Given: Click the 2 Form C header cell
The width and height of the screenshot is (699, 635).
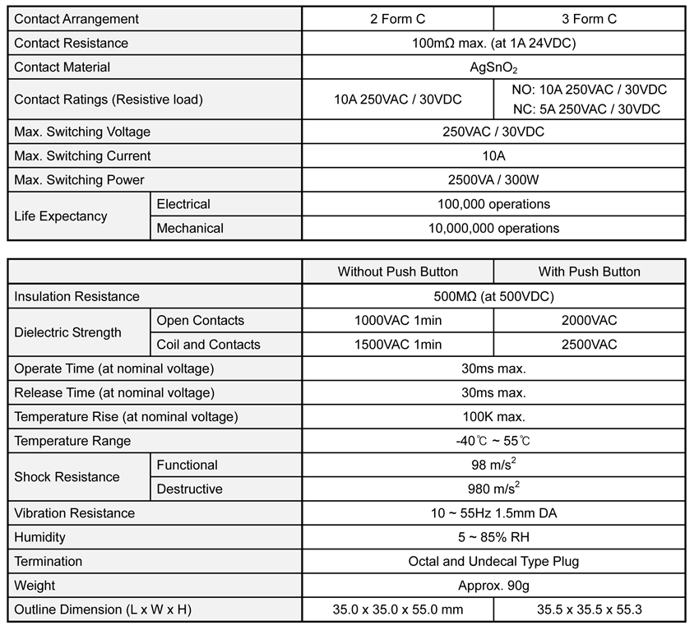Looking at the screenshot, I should click(x=398, y=19).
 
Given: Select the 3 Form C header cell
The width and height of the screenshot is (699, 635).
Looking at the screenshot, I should click(x=589, y=19).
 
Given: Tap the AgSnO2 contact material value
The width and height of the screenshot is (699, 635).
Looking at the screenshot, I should click(x=493, y=67).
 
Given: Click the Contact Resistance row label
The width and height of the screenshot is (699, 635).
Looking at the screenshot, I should click(x=72, y=43).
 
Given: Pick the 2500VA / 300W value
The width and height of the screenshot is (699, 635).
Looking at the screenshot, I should click(x=493, y=180).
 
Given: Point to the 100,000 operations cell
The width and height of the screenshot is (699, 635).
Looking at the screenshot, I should click(x=493, y=204).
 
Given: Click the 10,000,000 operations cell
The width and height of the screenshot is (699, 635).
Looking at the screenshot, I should click(x=493, y=228).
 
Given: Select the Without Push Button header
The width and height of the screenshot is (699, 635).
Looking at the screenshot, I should click(x=398, y=271).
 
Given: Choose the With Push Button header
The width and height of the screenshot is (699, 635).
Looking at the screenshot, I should click(x=589, y=271).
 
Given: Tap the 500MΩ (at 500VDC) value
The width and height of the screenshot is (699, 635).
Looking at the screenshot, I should click(x=493, y=296).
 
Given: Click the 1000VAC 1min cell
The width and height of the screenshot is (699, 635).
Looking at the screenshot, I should click(x=398, y=320).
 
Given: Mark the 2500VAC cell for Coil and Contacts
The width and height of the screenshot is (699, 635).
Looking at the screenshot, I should click(x=589, y=345).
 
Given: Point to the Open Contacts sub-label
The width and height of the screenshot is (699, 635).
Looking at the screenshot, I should click(x=201, y=320).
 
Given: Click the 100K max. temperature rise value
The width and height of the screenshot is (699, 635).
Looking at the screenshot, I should click(x=493, y=417).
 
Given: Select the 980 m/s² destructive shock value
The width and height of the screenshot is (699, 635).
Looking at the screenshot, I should click(x=493, y=489).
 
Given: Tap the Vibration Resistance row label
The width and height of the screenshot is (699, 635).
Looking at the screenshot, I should click(x=75, y=513).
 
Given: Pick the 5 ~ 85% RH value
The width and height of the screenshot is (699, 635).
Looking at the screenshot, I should click(x=493, y=537).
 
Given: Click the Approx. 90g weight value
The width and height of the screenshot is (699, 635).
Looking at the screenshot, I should click(x=493, y=586).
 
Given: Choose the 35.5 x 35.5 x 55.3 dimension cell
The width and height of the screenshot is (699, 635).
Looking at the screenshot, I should click(x=589, y=610).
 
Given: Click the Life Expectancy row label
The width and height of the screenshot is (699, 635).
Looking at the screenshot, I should click(x=61, y=216).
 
